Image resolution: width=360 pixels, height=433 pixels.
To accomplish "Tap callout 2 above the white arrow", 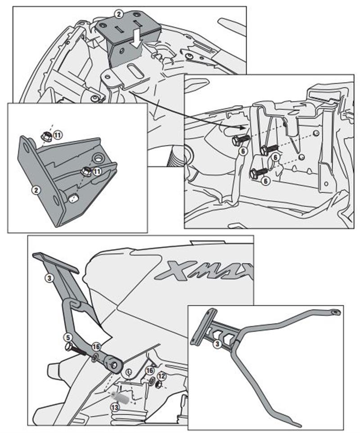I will (x=118, y=14).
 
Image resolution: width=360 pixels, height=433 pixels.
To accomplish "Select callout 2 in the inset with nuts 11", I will (x=36, y=190).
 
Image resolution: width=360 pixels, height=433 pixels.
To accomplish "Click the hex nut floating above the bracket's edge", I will (x=45, y=135).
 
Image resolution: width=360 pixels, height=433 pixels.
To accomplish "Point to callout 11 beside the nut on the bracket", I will (x=96, y=171).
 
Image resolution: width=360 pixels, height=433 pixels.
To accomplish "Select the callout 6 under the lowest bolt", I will (x=266, y=180).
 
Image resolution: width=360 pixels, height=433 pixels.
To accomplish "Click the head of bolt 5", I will (x=68, y=346).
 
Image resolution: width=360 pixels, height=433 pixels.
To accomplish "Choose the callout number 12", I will (x=162, y=376).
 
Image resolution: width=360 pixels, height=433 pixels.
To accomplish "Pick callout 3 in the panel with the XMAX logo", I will (x=49, y=278).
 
